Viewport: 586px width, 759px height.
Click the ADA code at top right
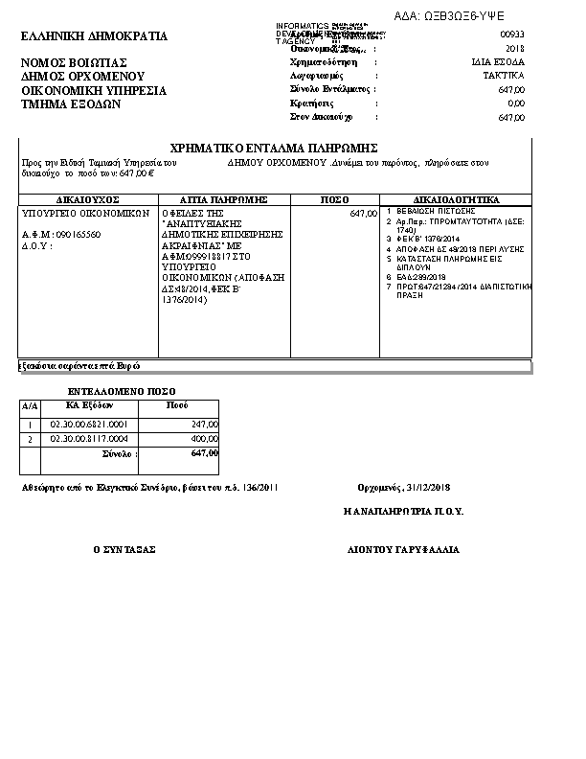tap(462, 16)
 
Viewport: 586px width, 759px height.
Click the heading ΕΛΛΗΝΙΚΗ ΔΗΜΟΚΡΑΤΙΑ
tap(94, 37)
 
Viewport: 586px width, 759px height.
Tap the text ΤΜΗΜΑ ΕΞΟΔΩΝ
tap(71, 104)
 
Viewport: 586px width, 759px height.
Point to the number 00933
tap(512, 34)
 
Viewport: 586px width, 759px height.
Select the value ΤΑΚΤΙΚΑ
tap(504, 75)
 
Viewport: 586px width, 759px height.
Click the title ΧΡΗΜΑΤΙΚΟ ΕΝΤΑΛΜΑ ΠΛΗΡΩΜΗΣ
tap(273, 149)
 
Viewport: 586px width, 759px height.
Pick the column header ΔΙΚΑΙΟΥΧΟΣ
tap(87, 200)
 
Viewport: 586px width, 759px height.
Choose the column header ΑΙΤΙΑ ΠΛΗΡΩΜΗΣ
tap(223, 200)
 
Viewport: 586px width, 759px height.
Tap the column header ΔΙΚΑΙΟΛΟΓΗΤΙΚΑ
tap(457, 200)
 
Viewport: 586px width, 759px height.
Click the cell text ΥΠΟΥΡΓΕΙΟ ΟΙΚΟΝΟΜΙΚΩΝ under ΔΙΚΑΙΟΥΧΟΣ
tap(86, 214)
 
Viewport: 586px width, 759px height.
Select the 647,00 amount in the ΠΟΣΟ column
tap(364, 214)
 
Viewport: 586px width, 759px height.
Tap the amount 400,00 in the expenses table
tap(204, 439)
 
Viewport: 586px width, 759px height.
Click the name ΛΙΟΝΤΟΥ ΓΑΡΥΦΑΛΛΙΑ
tap(403, 550)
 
